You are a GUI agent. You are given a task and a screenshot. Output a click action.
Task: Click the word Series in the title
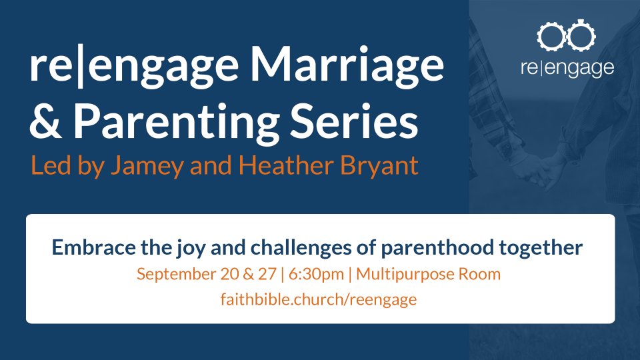tap(354, 121)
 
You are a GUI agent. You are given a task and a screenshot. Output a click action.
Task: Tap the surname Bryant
tap(379, 167)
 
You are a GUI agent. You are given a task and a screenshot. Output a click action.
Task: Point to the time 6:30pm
tap(316, 274)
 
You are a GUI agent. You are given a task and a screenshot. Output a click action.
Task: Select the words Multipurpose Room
tap(428, 274)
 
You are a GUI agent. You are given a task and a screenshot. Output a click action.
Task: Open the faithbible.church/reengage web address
tap(319, 299)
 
